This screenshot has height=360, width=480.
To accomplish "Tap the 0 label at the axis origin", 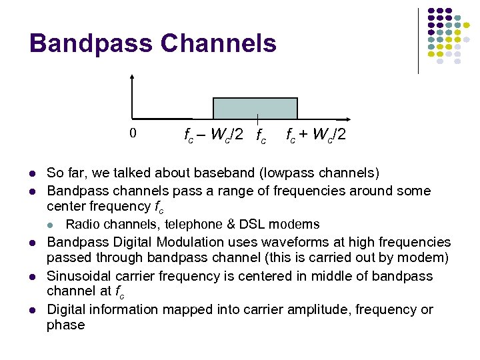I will pos(133,133).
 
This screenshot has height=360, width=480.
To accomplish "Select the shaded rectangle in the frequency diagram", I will pos(255,108).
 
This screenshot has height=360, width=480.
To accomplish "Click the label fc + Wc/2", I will pos(316,135).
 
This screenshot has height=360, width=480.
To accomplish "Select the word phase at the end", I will pos(65,325).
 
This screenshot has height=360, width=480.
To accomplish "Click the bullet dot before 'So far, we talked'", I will pos(32,174).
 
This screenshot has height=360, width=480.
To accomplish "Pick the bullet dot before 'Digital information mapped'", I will pos(32,311).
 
